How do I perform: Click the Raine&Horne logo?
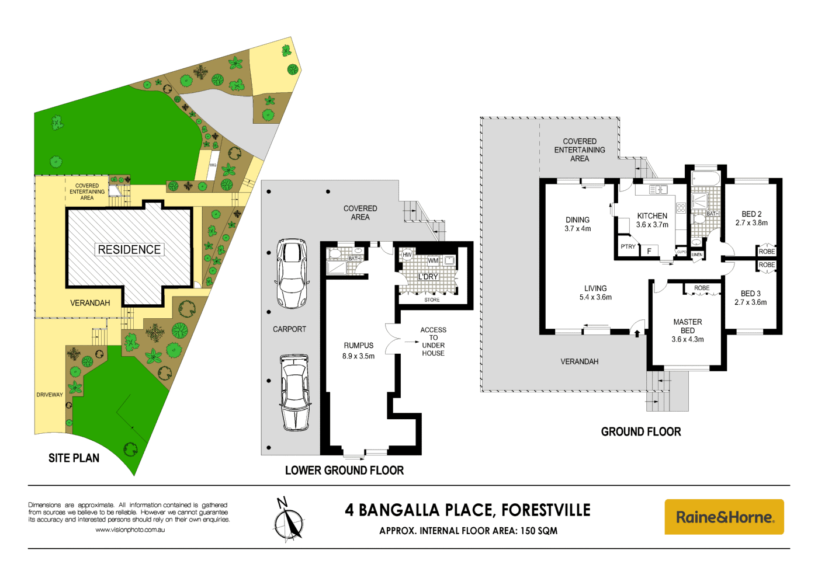coord(724,517)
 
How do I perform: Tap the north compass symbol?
coord(289,519)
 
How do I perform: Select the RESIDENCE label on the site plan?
coord(129,250)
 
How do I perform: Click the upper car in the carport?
coord(291,273)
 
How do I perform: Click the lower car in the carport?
coord(294,392)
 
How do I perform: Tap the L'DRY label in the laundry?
coord(428,277)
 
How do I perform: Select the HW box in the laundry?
coord(407,255)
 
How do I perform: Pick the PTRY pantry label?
coord(628,246)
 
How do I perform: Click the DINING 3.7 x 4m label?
coord(577,224)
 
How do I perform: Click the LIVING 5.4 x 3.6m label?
coord(595,293)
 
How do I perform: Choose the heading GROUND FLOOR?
coord(641,432)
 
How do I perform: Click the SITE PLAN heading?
coord(74,458)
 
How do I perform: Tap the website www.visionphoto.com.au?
coord(130,530)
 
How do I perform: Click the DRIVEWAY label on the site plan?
coord(50,395)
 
